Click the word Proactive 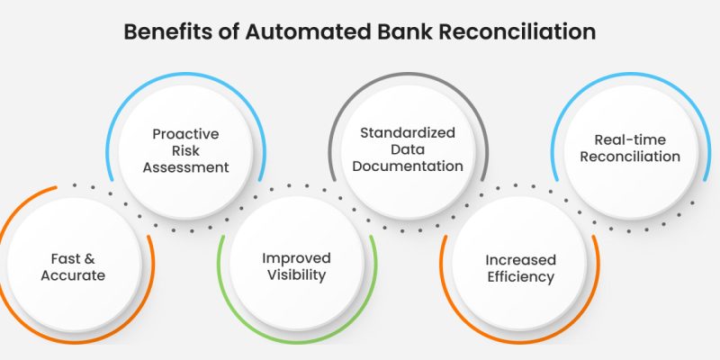pyautogui.click(x=185, y=134)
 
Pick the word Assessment pyautogui.click(x=185, y=166)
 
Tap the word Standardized pyautogui.click(x=408, y=132)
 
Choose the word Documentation pyautogui.click(x=408, y=166)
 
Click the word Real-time pyautogui.click(x=630, y=139)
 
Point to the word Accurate pyautogui.click(x=73, y=275)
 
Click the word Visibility pyautogui.click(x=297, y=275)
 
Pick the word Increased pyautogui.click(x=515, y=259)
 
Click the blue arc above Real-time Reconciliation pyautogui.click(x=630, y=74)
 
